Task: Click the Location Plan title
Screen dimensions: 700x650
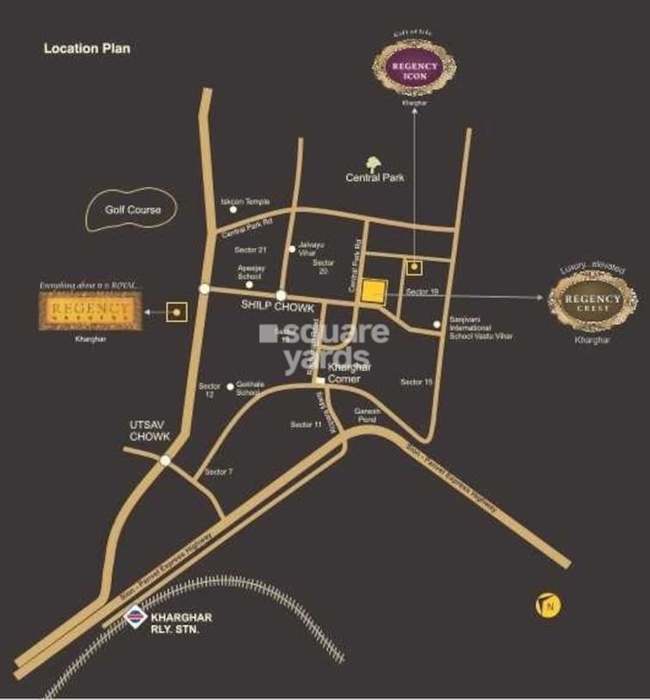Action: tap(87, 49)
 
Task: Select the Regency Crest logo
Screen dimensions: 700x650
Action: tap(593, 300)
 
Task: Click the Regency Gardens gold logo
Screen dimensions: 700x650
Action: tap(87, 312)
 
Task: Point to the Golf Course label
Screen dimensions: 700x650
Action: tap(133, 209)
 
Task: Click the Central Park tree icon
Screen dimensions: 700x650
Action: tap(374, 164)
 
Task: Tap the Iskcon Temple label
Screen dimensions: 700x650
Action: tap(245, 201)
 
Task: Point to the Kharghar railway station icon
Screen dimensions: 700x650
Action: tap(134, 616)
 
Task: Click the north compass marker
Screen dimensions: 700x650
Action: tap(548, 606)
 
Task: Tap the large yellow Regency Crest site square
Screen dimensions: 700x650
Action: tap(374, 293)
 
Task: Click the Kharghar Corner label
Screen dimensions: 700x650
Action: tap(349, 372)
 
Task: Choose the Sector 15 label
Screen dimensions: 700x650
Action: tap(416, 381)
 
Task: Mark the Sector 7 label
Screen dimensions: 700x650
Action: tap(219, 472)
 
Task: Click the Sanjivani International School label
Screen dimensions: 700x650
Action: tap(480, 331)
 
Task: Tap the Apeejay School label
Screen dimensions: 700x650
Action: tap(249, 272)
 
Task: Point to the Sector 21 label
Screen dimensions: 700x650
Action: tap(251, 250)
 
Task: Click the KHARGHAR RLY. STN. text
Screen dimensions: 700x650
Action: tap(181, 624)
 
